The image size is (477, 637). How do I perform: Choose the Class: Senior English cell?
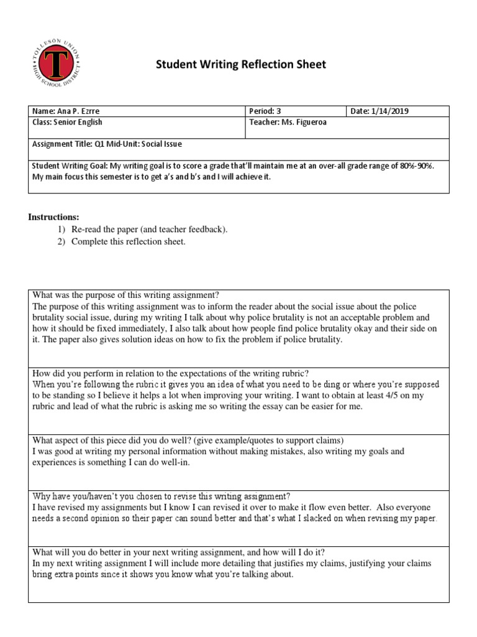68,123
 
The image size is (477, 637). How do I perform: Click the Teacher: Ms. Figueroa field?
288,123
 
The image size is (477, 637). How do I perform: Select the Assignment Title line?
107,144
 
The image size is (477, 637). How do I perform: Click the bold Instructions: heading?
54,217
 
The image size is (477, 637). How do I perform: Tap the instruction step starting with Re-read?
149,230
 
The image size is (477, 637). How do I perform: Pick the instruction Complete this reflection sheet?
128,242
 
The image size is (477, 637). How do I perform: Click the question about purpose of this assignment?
126,295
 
